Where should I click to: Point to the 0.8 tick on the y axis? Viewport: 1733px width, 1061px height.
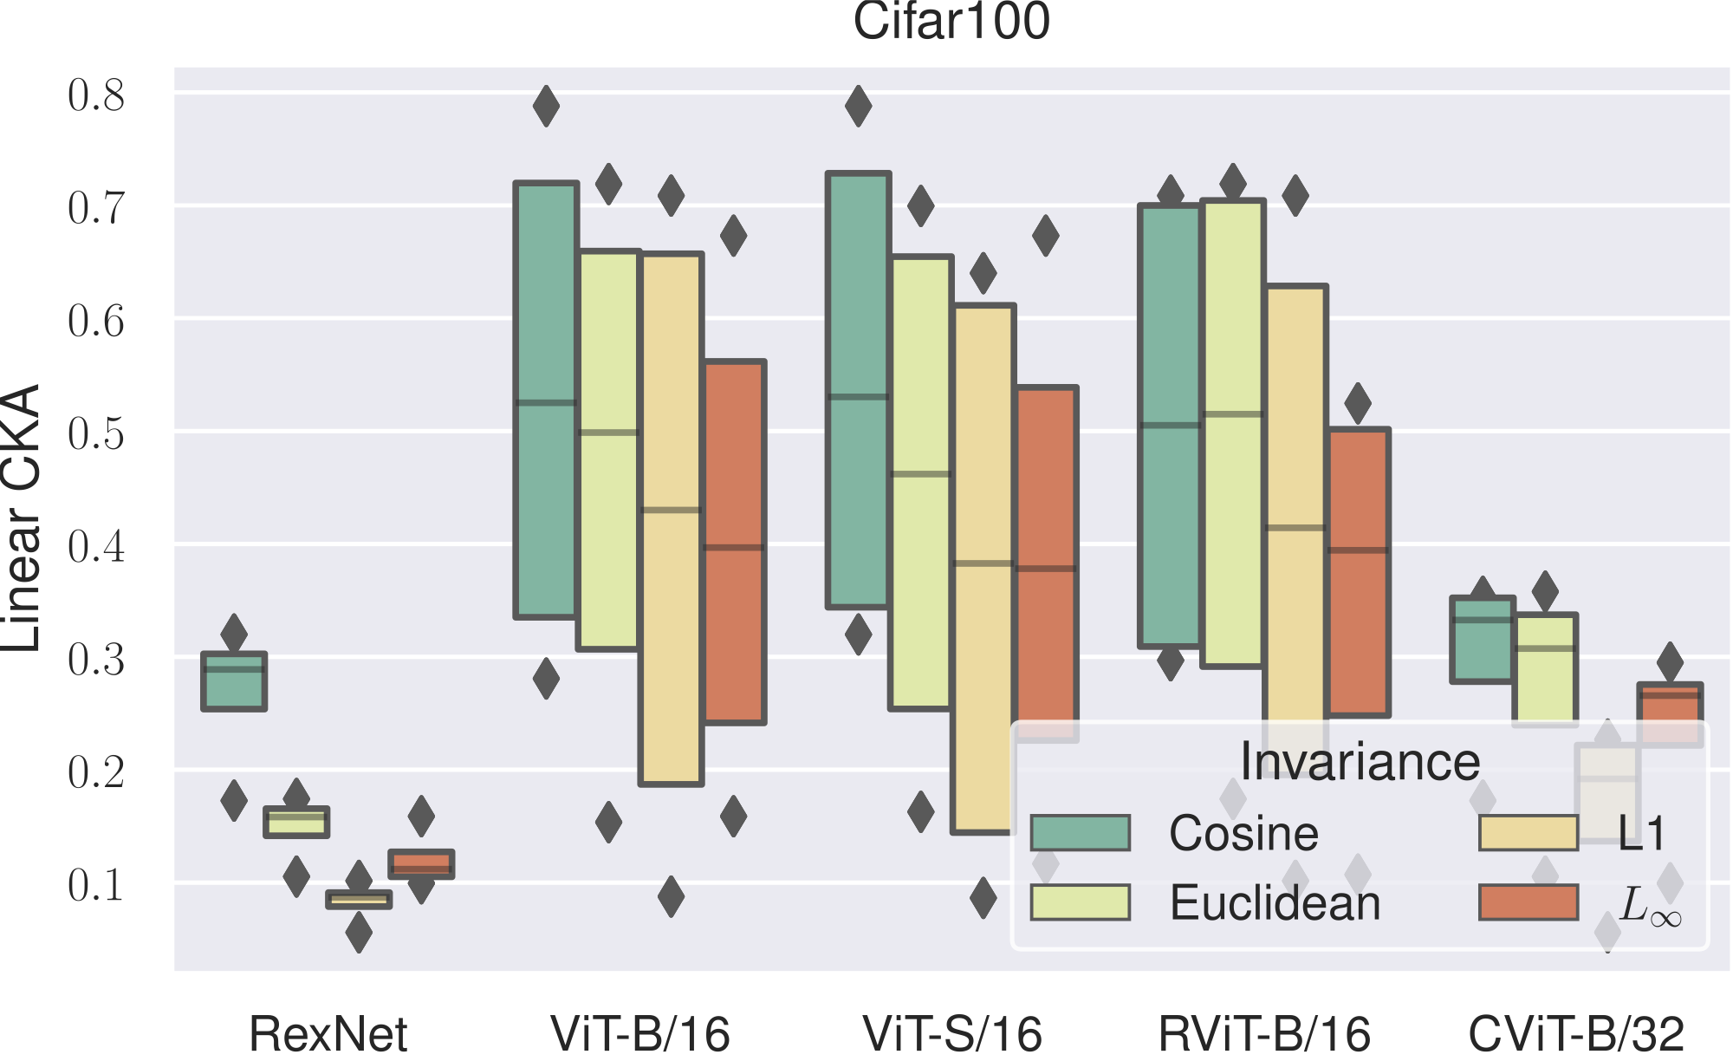pos(96,94)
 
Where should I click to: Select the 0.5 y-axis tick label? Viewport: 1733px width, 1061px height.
pos(96,433)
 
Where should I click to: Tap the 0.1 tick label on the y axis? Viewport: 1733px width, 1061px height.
pos(96,885)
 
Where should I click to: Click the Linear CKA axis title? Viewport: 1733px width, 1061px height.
pos(21,518)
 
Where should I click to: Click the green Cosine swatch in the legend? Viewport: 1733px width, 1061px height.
pos(1081,833)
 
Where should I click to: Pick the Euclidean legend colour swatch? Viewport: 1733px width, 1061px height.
pos(1081,902)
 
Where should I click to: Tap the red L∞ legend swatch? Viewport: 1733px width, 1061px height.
pos(1529,902)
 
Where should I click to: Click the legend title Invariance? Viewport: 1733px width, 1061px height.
pos(1360,762)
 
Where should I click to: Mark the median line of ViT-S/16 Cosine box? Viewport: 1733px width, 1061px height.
pos(858,397)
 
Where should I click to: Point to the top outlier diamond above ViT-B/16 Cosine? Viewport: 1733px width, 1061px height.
pos(546,106)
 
